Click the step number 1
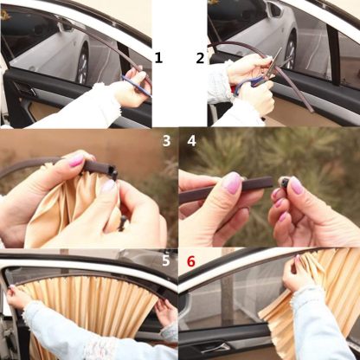pos(158,58)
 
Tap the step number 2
pos(200,58)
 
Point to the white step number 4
pos(191,138)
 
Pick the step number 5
pos(164,260)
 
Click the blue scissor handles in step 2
pos(247,84)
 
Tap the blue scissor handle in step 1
pos(132,80)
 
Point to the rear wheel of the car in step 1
pos(83,65)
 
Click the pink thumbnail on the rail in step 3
pos(77,161)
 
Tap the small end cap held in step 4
pos(284,183)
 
